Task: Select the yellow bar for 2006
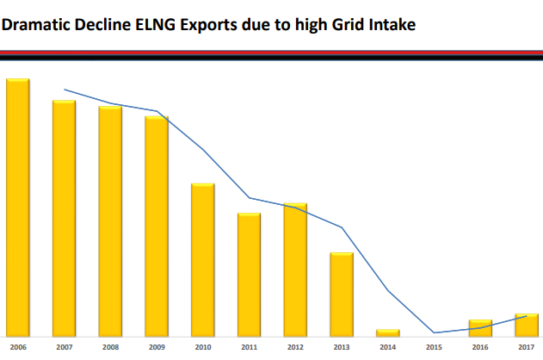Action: point(18,207)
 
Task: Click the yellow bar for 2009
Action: point(157,226)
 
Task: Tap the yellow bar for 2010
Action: point(203,258)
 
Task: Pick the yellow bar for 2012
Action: point(296,269)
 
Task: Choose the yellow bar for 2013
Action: point(342,294)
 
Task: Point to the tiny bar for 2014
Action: point(388,332)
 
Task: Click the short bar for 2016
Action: point(480,327)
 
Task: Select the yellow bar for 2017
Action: point(527,325)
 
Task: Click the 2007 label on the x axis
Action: point(64,347)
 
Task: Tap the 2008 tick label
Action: point(110,347)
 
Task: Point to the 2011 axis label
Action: point(250,347)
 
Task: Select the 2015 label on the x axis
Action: point(435,347)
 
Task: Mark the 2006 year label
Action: point(18,347)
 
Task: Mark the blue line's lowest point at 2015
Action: point(435,332)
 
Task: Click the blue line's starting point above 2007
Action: point(65,89)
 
